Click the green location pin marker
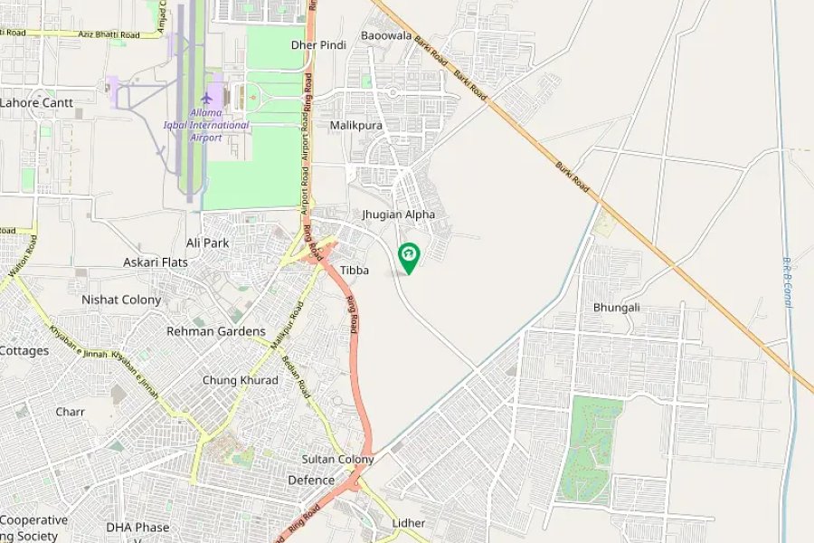click(x=409, y=256)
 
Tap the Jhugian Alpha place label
click(x=399, y=214)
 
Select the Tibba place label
click(x=355, y=270)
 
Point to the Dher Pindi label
click(x=318, y=44)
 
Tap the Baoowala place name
click(x=386, y=35)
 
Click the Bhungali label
click(x=617, y=307)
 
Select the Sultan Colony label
click(x=337, y=459)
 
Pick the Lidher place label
click(x=409, y=523)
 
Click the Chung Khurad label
click(x=240, y=380)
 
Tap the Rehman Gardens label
click(x=216, y=331)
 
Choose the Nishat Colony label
click(x=121, y=300)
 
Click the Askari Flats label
click(x=156, y=262)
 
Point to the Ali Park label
click(x=207, y=243)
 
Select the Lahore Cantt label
click(x=36, y=103)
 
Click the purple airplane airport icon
click(x=207, y=97)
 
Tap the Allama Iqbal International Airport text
click(x=206, y=125)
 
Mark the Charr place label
click(x=70, y=412)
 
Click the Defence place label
click(x=311, y=480)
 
